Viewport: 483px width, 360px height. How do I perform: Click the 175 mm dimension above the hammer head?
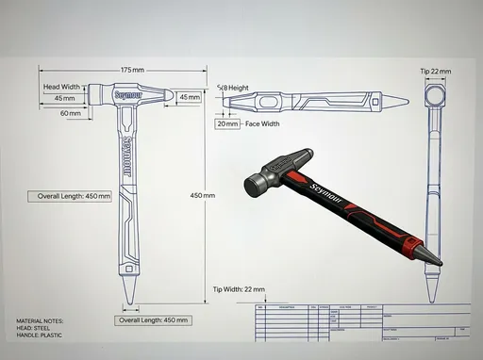point(132,71)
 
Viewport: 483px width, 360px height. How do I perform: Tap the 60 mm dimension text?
point(71,113)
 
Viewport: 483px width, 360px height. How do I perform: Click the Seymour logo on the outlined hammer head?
point(127,95)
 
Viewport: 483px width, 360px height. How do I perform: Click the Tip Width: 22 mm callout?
point(239,289)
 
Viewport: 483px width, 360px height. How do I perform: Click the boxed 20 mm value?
point(227,123)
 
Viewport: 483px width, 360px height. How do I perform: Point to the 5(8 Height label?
point(233,88)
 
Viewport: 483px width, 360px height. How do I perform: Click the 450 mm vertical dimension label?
point(203,195)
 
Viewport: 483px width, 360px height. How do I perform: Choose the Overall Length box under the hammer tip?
point(155,320)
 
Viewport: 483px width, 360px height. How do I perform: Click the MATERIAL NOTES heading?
point(41,321)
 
